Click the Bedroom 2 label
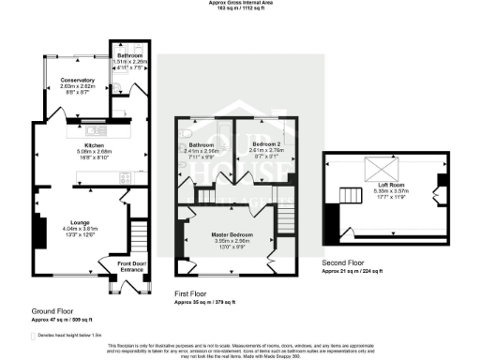tap(260, 145)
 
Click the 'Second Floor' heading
tap(342, 263)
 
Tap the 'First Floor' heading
tap(192, 293)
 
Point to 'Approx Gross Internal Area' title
tap(240, 3)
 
